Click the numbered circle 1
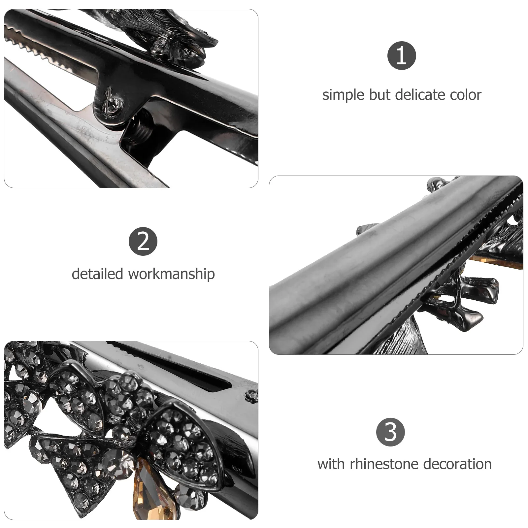[x=401, y=55]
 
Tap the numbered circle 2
[x=143, y=241]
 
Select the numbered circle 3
[x=390, y=432]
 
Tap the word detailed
[x=97, y=274]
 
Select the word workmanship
[x=171, y=274]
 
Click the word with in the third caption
[x=331, y=464]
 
